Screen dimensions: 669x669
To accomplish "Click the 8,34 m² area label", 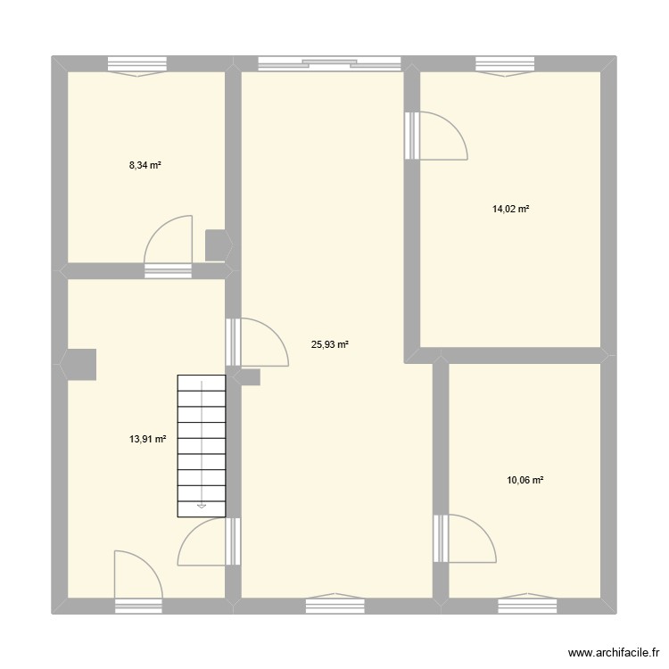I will coord(145,165).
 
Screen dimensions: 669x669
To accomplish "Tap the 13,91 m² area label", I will coord(149,439).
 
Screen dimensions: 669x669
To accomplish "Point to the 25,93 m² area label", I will coord(329,343).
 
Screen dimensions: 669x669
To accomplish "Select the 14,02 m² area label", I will coord(510,209).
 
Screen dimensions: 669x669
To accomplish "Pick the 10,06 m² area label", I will coord(524,480).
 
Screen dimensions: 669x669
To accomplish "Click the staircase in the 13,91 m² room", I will coord(202,445).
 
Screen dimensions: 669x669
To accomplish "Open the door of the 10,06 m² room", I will coord(466,539).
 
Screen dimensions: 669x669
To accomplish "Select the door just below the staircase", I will coord(209,542).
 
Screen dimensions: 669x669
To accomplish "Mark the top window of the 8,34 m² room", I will coord(138,64).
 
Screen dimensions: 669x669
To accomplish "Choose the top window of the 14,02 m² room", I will coord(504,64).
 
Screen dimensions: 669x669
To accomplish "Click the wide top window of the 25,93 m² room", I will coord(329,63).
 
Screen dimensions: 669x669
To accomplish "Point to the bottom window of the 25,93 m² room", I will coord(335,605).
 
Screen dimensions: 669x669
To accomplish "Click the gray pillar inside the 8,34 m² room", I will coord(216,245).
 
